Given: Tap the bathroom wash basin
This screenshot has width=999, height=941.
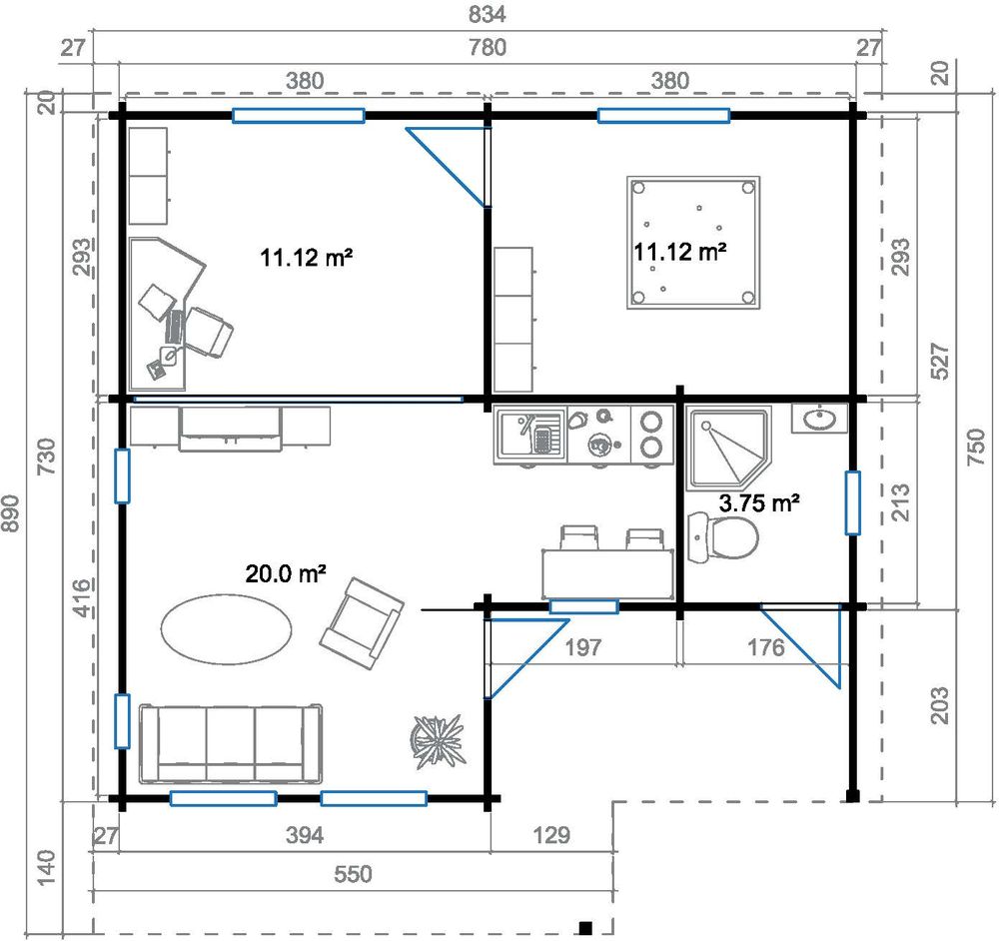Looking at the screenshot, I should (819, 418).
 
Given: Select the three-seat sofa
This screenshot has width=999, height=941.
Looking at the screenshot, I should (231, 743).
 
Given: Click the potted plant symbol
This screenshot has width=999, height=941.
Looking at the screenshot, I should (437, 737).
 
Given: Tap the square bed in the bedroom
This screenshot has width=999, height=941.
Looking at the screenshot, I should (692, 243).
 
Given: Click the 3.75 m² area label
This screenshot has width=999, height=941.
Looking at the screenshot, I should (759, 502).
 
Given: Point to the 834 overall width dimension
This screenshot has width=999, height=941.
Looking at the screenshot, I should (488, 15).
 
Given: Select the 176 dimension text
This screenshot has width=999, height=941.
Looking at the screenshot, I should (765, 647).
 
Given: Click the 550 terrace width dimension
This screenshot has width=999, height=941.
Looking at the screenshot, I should (351, 874).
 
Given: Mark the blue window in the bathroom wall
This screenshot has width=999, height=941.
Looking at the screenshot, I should (852, 502).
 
